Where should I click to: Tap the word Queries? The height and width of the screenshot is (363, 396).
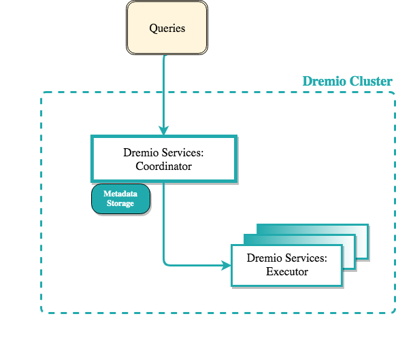[167, 29]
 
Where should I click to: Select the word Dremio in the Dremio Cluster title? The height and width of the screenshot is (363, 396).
[324, 82]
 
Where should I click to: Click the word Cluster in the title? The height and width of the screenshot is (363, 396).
[371, 82]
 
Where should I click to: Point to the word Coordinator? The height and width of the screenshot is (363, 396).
[163, 165]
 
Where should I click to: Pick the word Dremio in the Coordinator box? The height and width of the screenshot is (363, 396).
[139, 153]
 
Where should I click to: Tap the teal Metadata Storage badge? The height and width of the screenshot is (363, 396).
[120, 199]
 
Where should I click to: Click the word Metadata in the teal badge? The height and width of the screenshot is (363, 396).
[120, 194]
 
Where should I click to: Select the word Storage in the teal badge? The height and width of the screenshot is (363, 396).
[120, 203]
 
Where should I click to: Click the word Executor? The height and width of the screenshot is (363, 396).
[286, 271]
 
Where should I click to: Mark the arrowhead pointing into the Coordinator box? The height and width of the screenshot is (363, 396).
[164, 130]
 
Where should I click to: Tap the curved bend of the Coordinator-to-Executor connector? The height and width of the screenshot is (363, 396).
[165, 262]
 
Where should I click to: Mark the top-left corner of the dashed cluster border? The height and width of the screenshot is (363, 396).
[43, 94]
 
